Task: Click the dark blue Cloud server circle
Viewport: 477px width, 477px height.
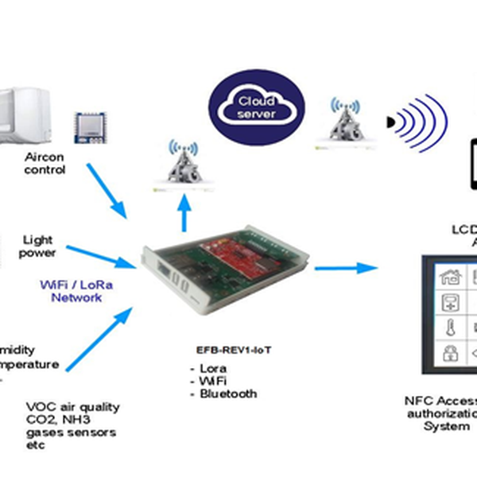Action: coord(257,107)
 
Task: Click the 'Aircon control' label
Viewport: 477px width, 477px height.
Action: coord(45,163)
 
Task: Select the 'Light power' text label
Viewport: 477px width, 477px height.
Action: coord(39,246)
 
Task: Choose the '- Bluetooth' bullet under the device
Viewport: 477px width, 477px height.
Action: coord(223,394)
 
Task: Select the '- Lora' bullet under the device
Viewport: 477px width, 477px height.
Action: coord(208,369)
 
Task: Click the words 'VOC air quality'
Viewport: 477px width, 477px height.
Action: coord(73,406)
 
